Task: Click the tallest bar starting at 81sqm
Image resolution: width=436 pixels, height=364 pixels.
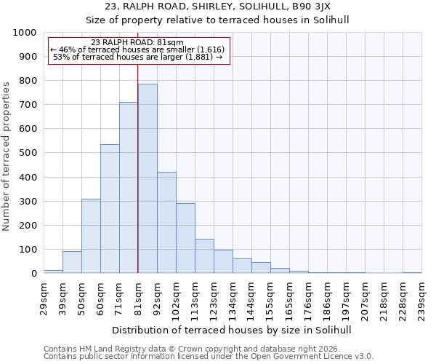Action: tap(148, 178)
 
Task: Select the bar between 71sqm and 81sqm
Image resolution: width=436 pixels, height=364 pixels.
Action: tap(129, 188)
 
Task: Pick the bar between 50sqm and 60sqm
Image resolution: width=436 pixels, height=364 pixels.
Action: tap(91, 236)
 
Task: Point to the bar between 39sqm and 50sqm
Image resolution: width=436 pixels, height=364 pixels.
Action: tap(72, 262)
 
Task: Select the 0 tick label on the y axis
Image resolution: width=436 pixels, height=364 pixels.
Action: tap(34, 274)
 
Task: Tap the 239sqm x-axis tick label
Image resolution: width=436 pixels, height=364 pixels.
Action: tap(422, 299)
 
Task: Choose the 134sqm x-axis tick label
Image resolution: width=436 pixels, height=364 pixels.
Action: tap(233, 299)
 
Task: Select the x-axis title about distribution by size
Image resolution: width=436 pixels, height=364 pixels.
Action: tap(233, 330)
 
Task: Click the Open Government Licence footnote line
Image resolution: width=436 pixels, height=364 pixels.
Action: tap(209, 357)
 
